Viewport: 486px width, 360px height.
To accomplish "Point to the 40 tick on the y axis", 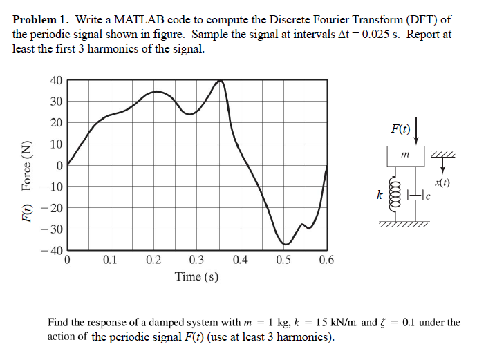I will (57, 80).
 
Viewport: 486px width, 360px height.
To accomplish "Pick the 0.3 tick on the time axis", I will (196, 260).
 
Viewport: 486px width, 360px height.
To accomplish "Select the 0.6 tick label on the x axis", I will (326, 260).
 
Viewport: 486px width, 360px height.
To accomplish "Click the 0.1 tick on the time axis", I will (110, 260).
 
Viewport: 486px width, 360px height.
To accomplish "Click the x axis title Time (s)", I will (197, 276).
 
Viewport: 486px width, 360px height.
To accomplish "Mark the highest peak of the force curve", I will (221, 81).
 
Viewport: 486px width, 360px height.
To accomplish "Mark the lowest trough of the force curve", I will (286, 244).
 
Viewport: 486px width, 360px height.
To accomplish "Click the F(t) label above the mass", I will (400, 129).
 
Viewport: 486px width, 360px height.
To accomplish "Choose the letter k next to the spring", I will (380, 196).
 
